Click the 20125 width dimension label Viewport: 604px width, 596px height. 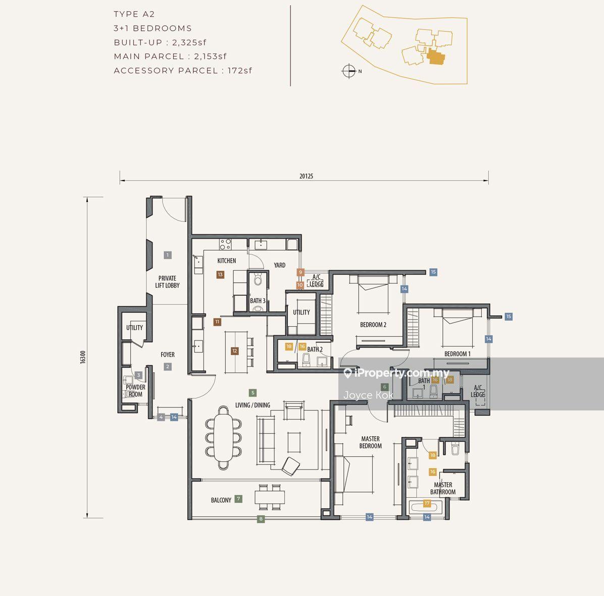pos(306,176)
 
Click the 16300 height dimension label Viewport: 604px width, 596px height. pos(83,357)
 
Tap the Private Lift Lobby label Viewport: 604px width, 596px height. pos(167,282)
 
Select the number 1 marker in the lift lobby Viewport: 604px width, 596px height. pos(168,255)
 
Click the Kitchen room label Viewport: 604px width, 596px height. pos(226,261)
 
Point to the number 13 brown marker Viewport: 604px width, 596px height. pos(220,274)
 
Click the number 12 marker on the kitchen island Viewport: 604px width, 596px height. pos(235,350)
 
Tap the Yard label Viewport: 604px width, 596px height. pos(280,265)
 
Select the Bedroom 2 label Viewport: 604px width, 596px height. pos(373,325)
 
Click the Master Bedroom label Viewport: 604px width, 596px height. pos(371,442)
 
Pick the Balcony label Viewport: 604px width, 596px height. pos(221,500)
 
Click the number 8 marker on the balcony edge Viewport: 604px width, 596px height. pos(261,519)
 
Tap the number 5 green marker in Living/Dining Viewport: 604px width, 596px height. pos(253,393)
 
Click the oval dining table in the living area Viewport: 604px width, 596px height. pos(223,438)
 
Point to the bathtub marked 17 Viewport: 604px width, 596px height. pos(424,506)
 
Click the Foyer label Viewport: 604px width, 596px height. pos(168,354)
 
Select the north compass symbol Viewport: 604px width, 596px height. pos(349,71)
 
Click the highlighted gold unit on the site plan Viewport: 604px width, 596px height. pos(436,57)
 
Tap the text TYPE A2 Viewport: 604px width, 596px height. pos(134,14)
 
